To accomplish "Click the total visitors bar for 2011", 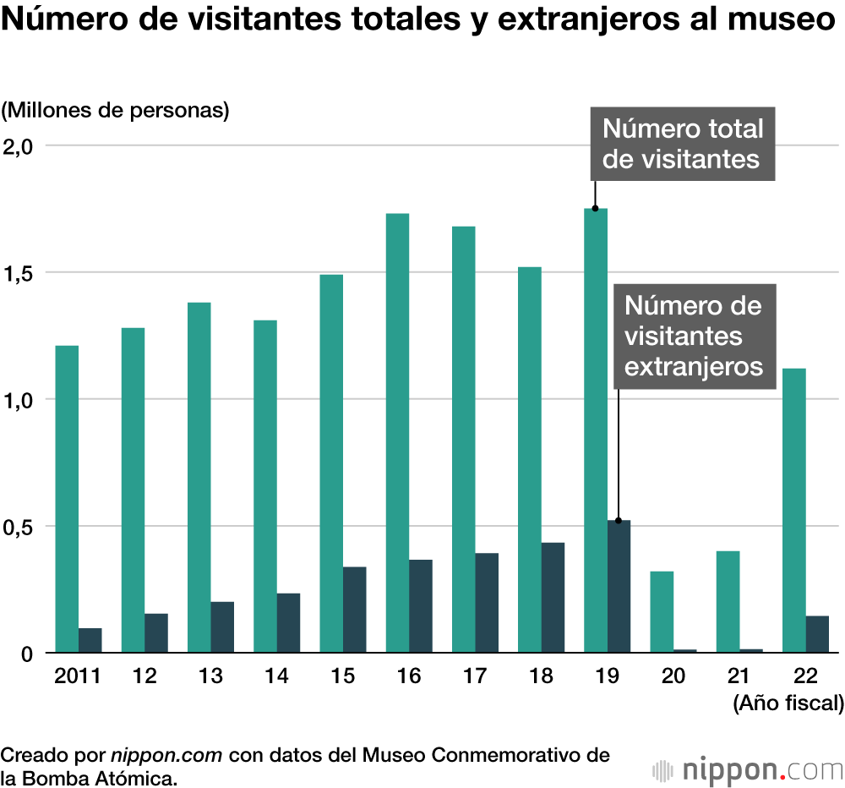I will pos(67,499).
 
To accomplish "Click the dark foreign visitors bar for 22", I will pos(817,634).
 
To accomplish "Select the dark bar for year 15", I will pos(354,610).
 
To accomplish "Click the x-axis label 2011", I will pos(77,676).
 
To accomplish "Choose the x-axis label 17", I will pos(474,676).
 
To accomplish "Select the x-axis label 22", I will pos(804,676).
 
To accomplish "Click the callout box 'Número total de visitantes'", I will pos(682,144).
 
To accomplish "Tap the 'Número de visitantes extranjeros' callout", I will pos(693,336).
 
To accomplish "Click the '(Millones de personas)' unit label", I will pos(116,111).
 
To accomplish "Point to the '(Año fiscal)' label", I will pos(788,703).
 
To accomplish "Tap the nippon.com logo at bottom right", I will pos(748,770).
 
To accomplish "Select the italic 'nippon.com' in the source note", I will pos(166,755).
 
